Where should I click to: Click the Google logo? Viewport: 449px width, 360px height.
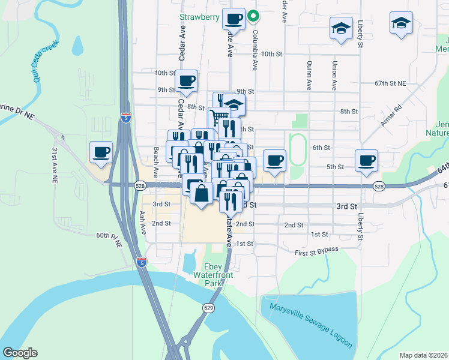pos(20,353)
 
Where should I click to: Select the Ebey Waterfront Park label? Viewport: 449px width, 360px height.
pos(221,274)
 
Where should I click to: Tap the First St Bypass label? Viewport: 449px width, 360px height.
pos(316,249)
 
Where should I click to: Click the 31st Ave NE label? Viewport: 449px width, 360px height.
pos(55,165)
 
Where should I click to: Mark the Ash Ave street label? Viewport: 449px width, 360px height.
pos(142,221)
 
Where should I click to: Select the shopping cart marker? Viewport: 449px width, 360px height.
pos(220,116)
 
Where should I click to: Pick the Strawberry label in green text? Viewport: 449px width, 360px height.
pos(200,17)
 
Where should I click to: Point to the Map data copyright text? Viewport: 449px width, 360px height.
pos(423,355)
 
